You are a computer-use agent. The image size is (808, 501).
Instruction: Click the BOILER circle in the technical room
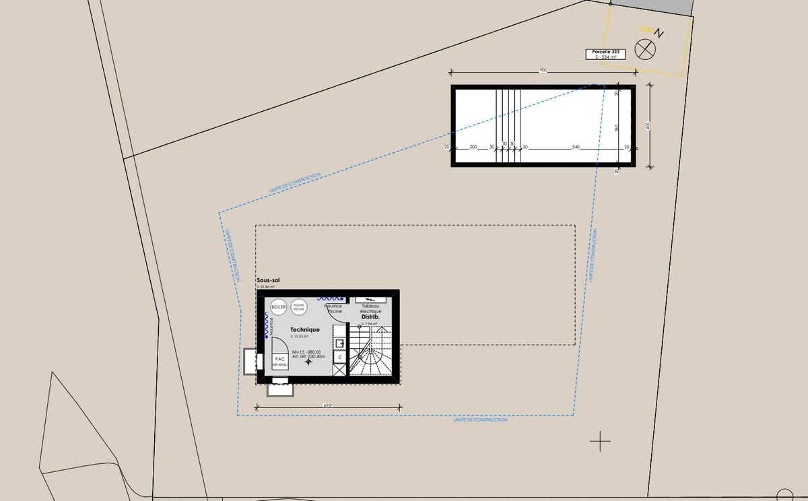278,307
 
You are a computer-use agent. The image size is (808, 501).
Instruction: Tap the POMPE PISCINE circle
300,307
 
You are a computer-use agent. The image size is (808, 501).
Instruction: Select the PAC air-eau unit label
279,362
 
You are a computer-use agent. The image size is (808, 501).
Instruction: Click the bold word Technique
304,330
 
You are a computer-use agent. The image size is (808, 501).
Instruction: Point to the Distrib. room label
370,316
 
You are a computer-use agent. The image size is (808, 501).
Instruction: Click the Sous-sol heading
268,279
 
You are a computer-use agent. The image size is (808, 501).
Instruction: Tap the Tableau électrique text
370,308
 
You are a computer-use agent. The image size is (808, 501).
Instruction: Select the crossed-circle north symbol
646,49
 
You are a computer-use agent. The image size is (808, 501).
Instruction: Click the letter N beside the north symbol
660,32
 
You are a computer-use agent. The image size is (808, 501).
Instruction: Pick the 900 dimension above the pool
543,71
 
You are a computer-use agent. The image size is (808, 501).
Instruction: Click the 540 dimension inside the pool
575,147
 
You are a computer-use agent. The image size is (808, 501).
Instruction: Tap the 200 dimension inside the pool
473,147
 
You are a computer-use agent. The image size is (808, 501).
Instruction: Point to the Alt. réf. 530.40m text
308,357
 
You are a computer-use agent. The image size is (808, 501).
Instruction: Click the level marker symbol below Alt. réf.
309,363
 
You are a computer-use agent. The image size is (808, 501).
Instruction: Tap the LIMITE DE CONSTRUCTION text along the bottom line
480,420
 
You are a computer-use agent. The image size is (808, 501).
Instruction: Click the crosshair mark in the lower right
600,442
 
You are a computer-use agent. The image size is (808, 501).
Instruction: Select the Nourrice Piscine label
334,308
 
